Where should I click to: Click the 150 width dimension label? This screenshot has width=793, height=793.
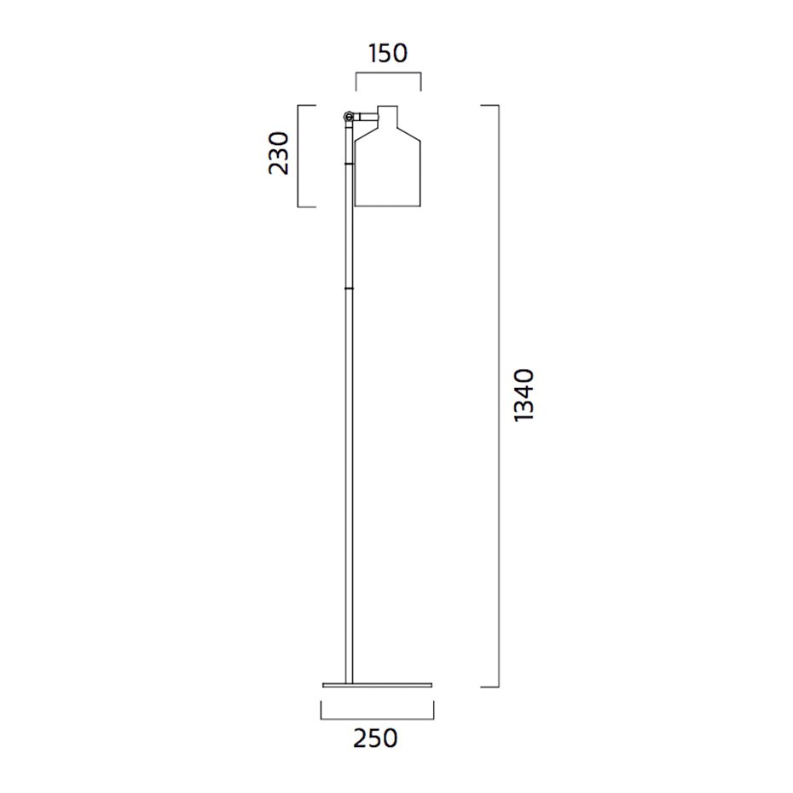388,54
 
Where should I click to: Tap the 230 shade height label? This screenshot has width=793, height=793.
279,153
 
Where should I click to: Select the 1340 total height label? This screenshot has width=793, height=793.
523,395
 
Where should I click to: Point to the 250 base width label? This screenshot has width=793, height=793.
376,738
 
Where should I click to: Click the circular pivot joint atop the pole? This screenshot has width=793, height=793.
349,115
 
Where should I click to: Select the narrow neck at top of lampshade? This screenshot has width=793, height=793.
388,115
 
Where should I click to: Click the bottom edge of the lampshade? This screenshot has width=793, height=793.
388,205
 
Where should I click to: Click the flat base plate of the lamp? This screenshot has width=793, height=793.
377,684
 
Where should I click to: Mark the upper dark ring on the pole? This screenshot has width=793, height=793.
349,159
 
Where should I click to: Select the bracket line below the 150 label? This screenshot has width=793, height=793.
388,75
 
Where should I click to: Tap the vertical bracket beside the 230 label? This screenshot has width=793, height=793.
298,156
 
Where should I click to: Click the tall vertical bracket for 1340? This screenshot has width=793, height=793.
498,395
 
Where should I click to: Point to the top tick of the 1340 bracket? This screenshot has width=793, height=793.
489,105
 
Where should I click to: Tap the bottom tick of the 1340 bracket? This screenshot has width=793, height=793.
489,686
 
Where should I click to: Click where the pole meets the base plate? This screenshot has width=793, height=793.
349,680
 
